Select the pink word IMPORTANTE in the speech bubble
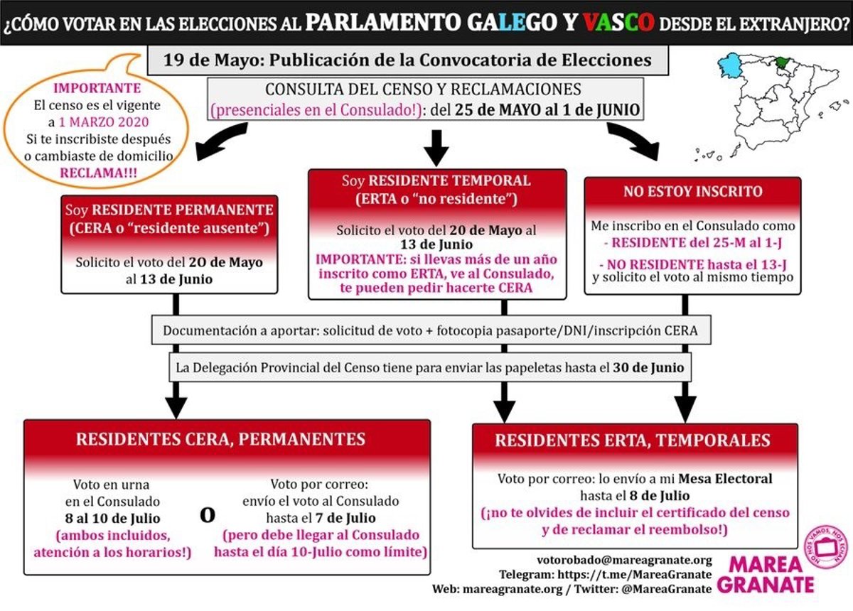click(x=87, y=89)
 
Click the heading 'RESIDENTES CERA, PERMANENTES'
click(x=220, y=439)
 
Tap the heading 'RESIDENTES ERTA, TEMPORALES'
click(x=633, y=440)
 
